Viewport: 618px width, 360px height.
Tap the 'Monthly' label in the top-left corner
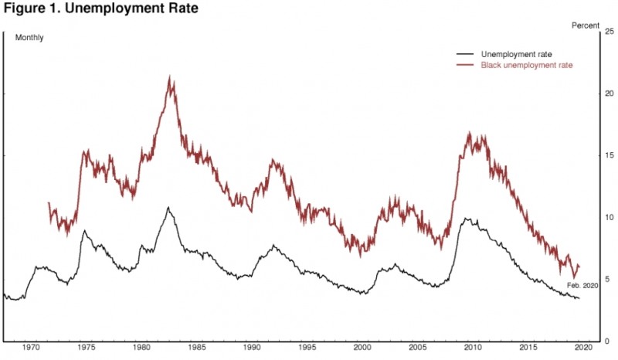[x=29, y=38]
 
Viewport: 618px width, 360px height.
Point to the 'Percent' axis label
[x=585, y=25]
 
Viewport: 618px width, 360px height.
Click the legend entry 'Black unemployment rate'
[x=526, y=66]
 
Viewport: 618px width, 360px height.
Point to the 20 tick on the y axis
[x=608, y=93]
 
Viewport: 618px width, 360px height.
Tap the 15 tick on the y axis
[x=608, y=155]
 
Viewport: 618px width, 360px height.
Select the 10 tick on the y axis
[x=608, y=217]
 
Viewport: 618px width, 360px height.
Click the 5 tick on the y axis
[x=608, y=279]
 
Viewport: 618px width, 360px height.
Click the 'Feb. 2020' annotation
[x=583, y=286]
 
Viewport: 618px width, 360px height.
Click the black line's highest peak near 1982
[x=168, y=208]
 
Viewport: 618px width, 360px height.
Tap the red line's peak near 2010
[x=469, y=134]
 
